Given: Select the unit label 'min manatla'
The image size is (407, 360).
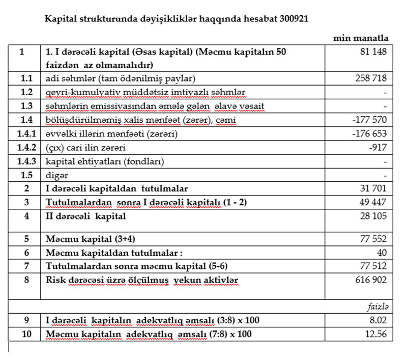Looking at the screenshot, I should (361, 38).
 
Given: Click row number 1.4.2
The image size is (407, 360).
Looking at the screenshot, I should (24, 148).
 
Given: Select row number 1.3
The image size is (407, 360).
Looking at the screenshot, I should (24, 106).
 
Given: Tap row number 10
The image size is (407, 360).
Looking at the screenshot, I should (24, 334).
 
